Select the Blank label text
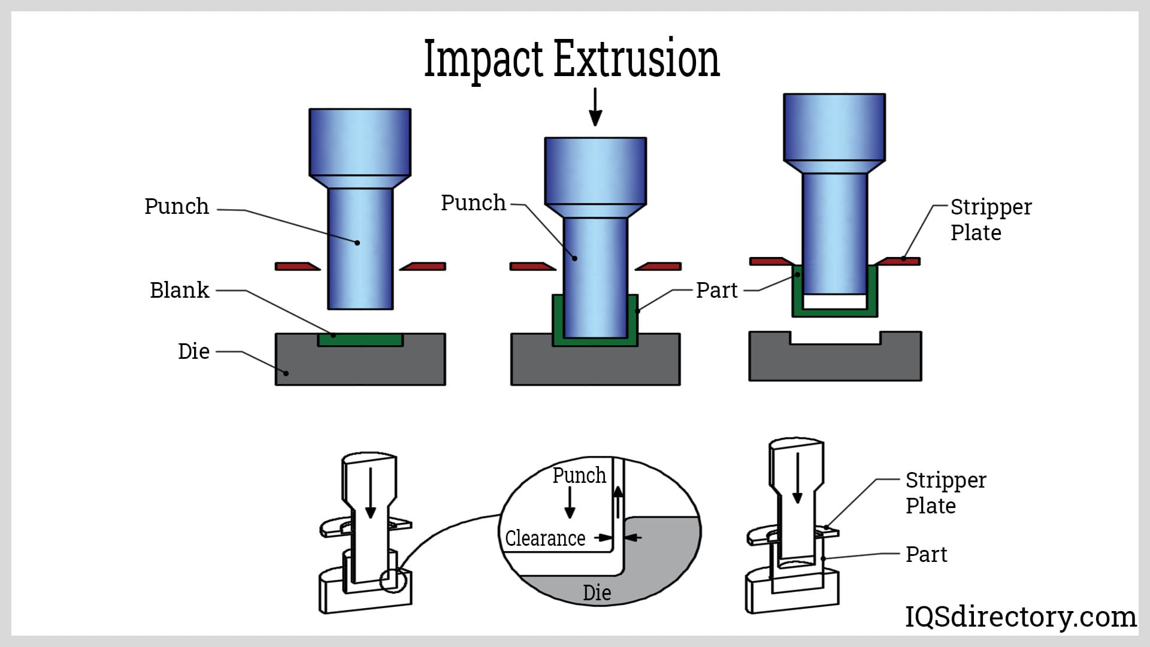click(x=179, y=290)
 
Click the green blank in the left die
click(x=360, y=340)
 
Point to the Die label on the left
click(x=193, y=351)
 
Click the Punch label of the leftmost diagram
click(x=177, y=206)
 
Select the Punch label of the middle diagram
click(x=473, y=202)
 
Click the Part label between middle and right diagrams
click(x=716, y=290)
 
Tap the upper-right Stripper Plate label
click(x=990, y=219)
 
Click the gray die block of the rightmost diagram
click(x=835, y=363)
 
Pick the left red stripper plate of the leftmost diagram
click(x=297, y=266)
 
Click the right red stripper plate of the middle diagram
click(x=658, y=266)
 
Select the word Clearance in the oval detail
click(x=545, y=538)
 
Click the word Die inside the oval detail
click(x=597, y=592)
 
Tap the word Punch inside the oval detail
click(x=579, y=475)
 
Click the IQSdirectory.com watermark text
click(x=1020, y=616)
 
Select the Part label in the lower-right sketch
click(x=926, y=554)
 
